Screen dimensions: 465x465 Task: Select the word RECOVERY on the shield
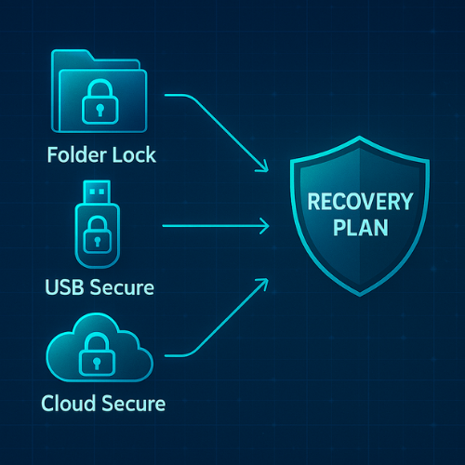point(358,201)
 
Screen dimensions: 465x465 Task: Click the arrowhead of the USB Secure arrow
point(266,225)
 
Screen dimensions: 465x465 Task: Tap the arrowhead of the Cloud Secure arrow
point(265,283)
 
